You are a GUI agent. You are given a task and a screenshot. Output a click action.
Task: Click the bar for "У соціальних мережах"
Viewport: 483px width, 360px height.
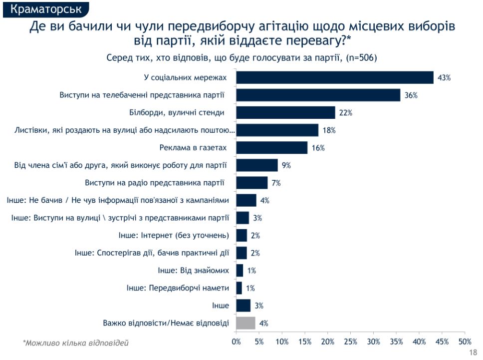(x=334, y=77)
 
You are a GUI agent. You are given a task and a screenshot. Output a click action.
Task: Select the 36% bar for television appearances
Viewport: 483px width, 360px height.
(x=318, y=95)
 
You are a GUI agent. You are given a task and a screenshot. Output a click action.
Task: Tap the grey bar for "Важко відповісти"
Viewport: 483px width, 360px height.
(x=245, y=323)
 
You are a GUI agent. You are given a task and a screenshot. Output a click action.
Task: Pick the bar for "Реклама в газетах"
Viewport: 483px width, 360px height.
(x=271, y=148)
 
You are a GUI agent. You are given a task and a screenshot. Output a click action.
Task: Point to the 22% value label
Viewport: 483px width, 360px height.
(x=345, y=113)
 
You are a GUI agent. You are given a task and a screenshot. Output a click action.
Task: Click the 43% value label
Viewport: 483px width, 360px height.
(x=444, y=78)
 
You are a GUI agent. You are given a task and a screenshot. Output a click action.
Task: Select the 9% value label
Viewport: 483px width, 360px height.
(x=286, y=165)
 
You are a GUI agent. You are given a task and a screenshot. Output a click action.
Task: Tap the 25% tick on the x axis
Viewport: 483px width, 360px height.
(x=350, y=342)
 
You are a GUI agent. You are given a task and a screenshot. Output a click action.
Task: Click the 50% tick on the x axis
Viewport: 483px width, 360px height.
(x=465, y=342)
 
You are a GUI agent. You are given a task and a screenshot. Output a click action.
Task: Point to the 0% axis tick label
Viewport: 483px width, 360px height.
(x=236, y=342)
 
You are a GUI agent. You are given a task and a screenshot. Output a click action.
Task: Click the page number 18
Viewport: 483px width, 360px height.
(x=474, y=353)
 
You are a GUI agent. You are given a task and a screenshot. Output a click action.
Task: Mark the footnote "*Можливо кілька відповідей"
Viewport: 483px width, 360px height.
(x=75, y=343)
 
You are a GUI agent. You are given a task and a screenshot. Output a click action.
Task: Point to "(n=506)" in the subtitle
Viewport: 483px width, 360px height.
(x=361, y=57)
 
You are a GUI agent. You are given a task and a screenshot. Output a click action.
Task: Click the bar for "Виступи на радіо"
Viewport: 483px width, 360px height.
(x=251, y=183)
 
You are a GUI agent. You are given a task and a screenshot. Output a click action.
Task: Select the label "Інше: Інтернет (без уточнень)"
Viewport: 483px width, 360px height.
(x=174, y=235)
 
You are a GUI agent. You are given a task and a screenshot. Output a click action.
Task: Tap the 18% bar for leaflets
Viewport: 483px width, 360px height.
(x=277, y=130)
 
